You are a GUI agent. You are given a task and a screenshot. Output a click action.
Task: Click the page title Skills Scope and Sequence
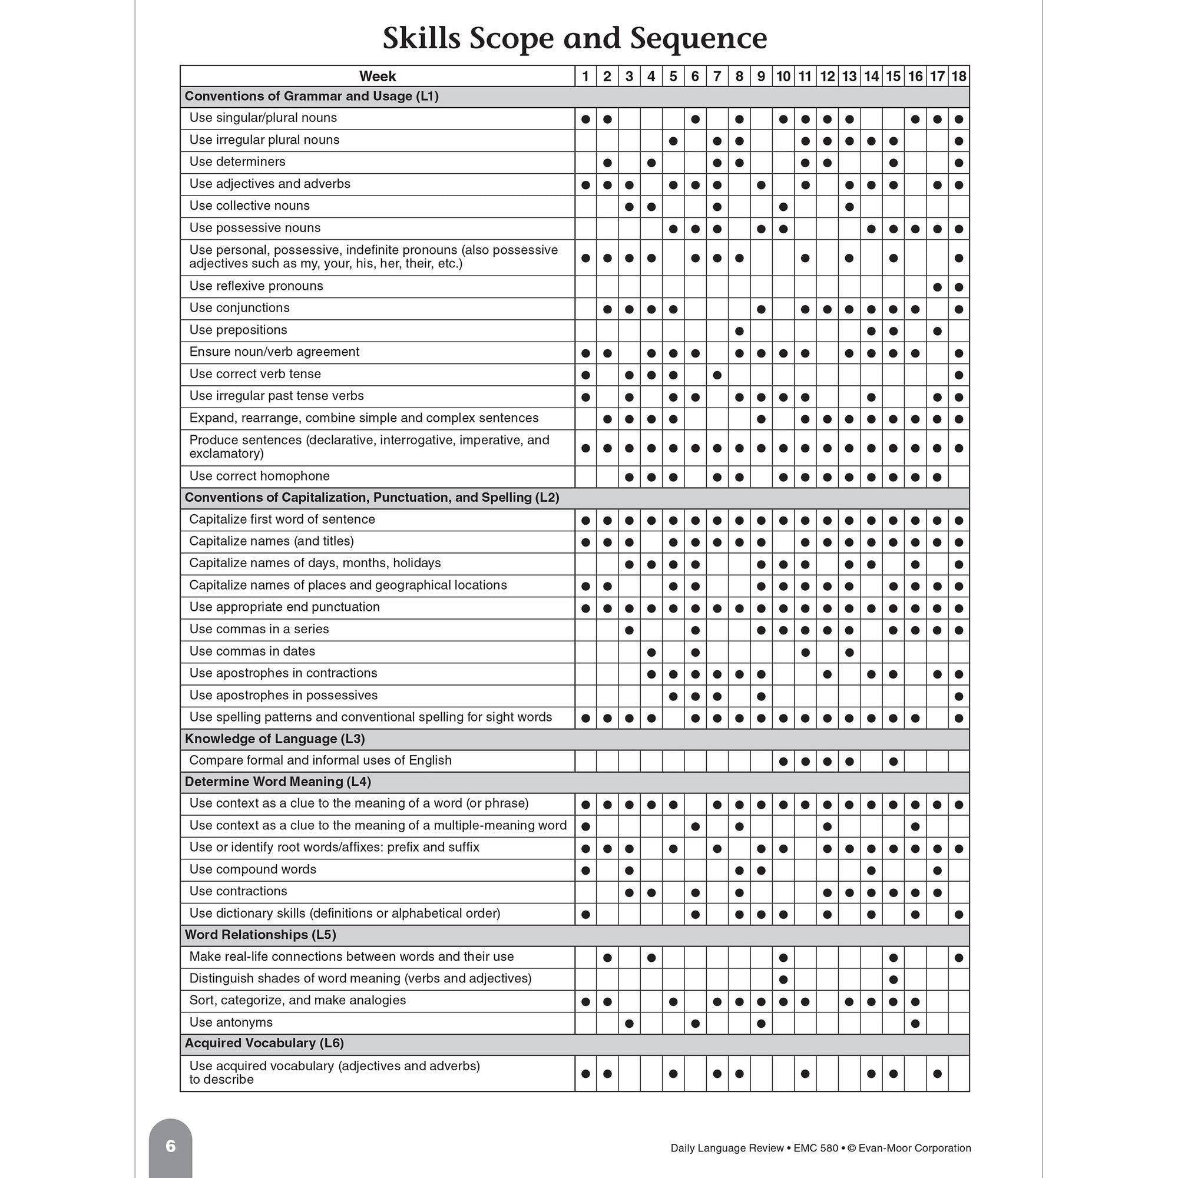(574, 38)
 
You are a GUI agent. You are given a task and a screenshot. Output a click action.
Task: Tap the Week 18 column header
(958, 76)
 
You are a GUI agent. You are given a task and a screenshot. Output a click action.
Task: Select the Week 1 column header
(585, 76)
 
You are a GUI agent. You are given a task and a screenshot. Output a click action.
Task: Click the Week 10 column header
(783, 76)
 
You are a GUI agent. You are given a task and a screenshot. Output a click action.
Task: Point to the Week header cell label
(378, 76)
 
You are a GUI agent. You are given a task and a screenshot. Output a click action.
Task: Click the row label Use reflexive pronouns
(256, 286)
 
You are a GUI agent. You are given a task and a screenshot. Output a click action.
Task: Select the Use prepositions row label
(238, 330)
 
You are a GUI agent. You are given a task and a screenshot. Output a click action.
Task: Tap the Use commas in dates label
(252, 651)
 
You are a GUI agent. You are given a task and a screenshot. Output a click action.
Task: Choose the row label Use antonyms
(230, 1022)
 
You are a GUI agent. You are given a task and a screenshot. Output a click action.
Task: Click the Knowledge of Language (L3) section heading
(274, 739)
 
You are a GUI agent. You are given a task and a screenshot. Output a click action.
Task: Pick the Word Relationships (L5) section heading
(260, 935)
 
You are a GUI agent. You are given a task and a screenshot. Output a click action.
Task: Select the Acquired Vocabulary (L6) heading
(264, 1043)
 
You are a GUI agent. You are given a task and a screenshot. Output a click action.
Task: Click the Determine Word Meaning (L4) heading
(277, 782)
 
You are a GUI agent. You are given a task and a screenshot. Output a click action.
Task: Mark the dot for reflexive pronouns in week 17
(937, 287)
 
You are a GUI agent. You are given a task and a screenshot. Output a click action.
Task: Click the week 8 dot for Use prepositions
(739, 331)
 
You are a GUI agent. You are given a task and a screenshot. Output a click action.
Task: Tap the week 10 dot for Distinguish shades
(783, 980)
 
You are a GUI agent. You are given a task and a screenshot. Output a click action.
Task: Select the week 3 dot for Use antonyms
(629, 1024)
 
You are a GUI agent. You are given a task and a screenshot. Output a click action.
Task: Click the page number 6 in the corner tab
(171, 1146)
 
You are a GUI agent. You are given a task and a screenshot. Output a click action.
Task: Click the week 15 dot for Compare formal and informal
(894, 762)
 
